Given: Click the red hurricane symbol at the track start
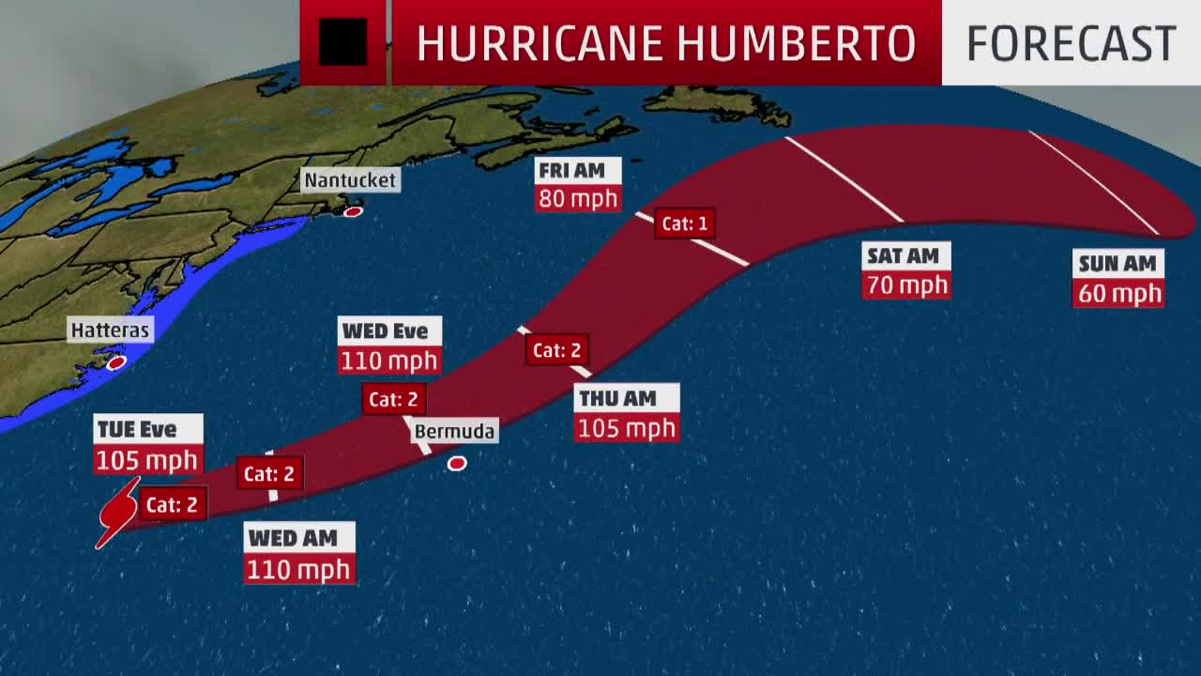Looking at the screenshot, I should click(x=117, y=513).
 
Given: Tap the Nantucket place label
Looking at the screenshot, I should click(x=350, y=179).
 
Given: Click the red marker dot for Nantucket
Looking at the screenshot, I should click(x=353, y=212).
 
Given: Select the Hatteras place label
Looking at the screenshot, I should click(x=110, y=330).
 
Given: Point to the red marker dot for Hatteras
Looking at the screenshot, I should click(x=116, y=362).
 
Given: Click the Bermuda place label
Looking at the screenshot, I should click(x=454, y=431).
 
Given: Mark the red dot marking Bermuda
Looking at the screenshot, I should click(x=457, y=463).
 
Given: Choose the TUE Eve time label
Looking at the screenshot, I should click(x=138, y=429).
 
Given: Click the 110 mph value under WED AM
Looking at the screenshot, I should click(x=299, y=569).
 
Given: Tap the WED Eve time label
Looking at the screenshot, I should click(x=385, y=330).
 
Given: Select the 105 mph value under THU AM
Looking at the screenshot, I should click(x=626, y=428).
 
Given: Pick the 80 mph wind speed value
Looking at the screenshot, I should click(x=578, y=199).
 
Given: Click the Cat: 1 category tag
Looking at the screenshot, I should click(x=685, y=223).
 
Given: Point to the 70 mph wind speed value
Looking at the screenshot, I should click(x=906, y=284).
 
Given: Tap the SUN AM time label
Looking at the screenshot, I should click(x=1117, y=263).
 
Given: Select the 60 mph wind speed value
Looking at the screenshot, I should click(x=1118, y=293).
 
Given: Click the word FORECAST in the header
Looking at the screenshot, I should click(x=1071, y=43).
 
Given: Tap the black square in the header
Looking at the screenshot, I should click(x=342, y=42).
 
